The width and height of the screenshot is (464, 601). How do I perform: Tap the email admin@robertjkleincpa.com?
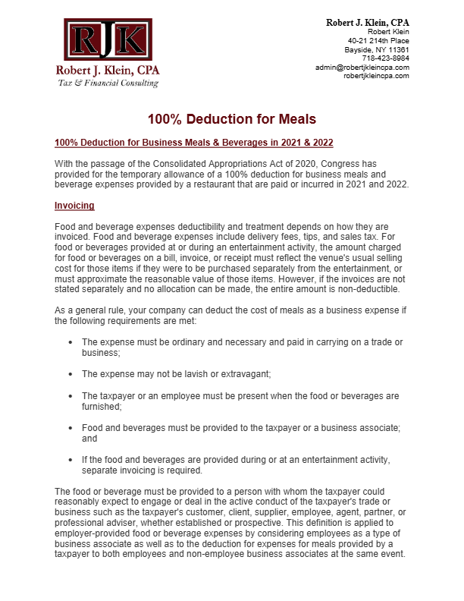point(362,68)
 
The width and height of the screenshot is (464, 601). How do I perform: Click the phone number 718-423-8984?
point(385,58)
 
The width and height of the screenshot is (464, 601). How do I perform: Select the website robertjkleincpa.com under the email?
point(376,76)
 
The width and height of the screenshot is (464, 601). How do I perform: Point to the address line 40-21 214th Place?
point(378,40)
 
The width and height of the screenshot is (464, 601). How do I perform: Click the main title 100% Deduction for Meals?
point(231,119)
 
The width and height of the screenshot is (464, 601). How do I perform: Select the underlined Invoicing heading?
point(74,206)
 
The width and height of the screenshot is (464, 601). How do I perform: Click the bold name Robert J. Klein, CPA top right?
point(368,23)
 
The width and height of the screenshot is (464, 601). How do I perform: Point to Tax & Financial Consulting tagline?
point(108,82)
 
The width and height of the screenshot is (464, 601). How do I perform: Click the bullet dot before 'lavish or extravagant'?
point(71,374)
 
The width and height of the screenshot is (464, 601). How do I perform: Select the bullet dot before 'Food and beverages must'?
point(71,428)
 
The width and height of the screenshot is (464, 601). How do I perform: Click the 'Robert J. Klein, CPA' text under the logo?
point(108,71)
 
